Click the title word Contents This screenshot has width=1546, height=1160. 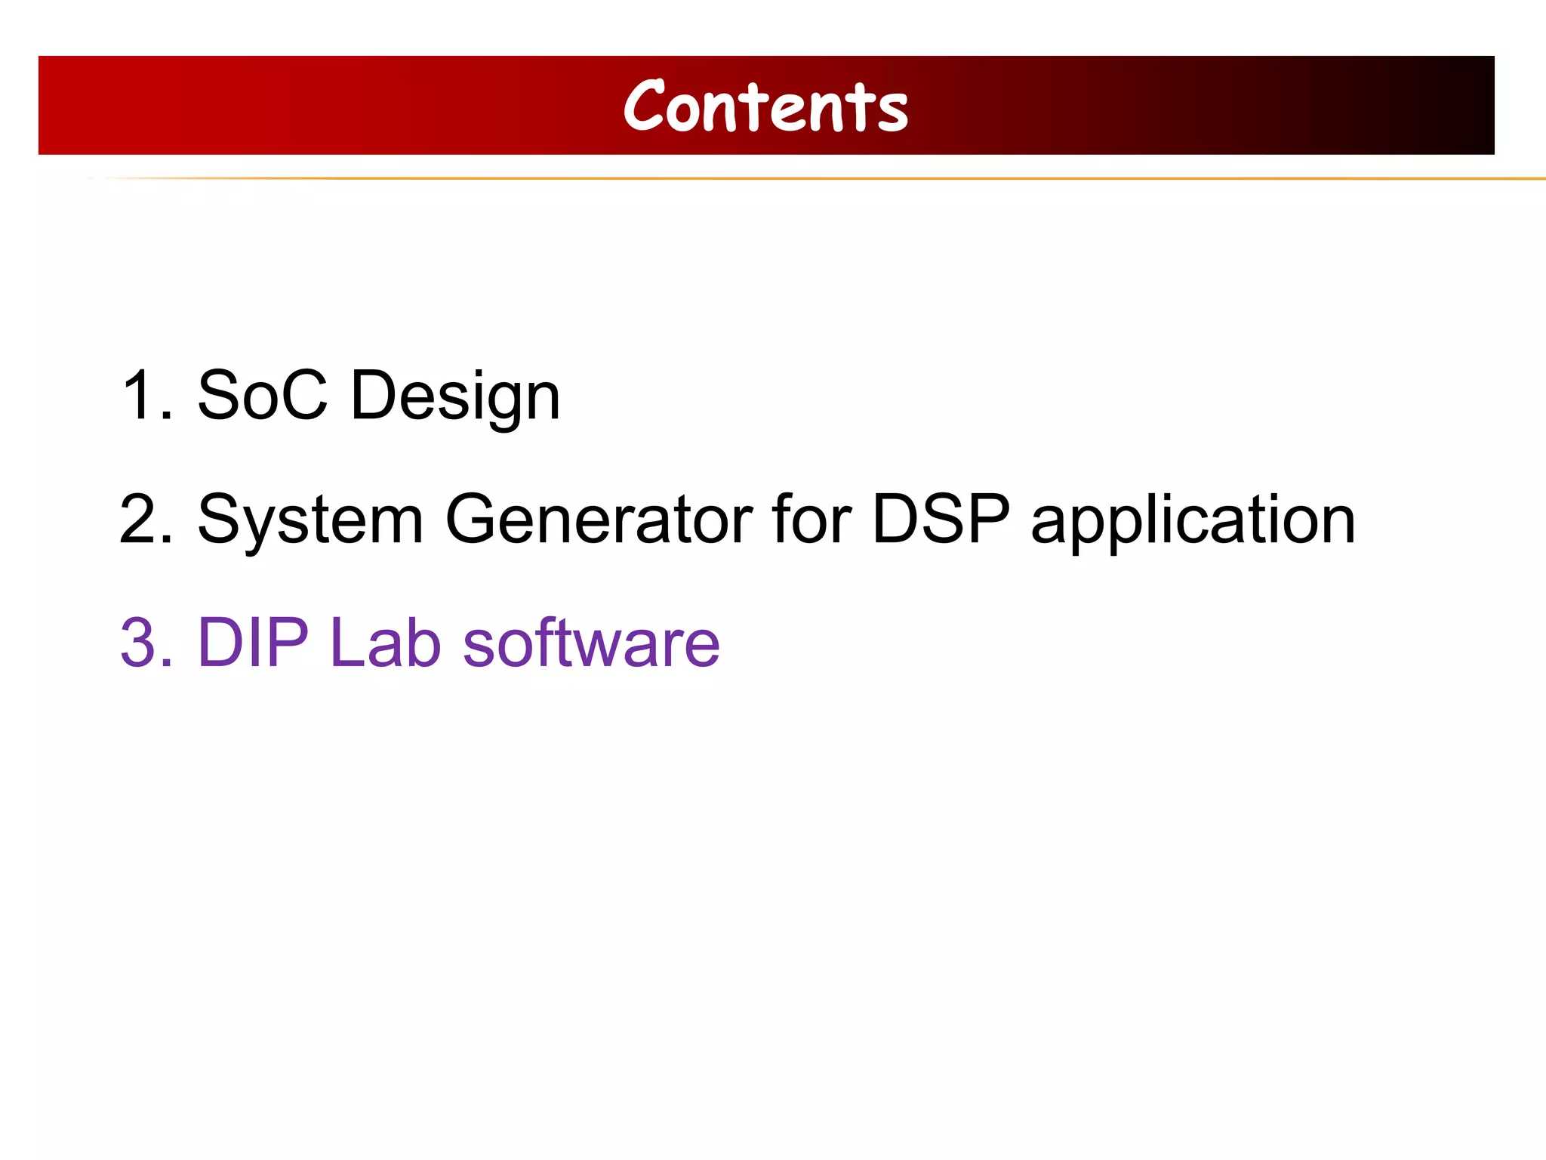[x=765, y=107]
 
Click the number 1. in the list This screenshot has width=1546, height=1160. [x=146, y=395]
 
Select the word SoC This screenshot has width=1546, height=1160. [x=263, y=395]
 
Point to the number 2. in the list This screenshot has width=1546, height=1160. [x=146, y=519]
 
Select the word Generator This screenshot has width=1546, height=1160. [x=599, y=519]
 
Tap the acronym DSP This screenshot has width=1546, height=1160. [x=941, y=519]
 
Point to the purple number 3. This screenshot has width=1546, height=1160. [x=146, y=643]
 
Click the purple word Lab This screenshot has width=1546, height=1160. [x=385, y=643]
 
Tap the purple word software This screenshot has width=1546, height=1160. [x=591, y=643]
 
